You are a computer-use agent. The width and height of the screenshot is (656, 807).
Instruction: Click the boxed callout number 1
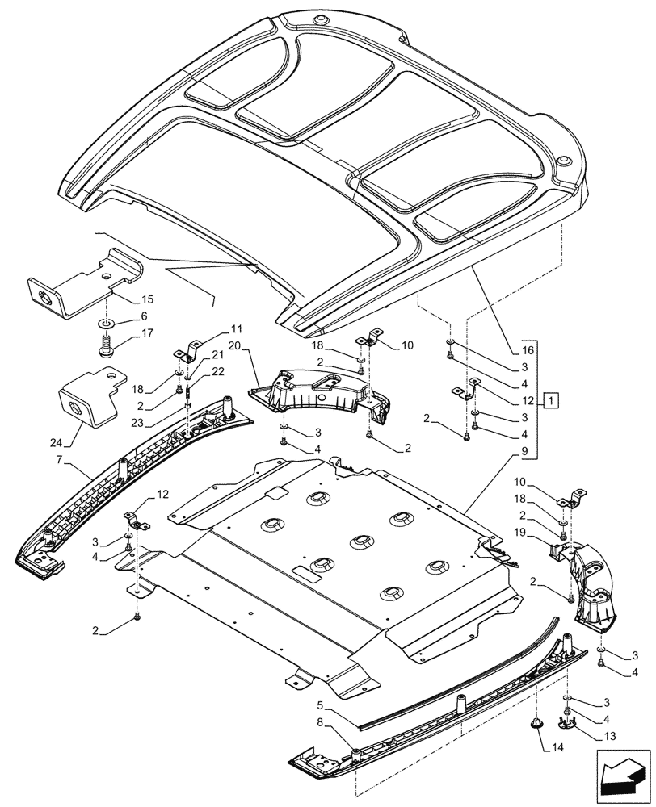tap(550, 399)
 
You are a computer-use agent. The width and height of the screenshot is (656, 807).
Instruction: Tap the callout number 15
tap(146, 299)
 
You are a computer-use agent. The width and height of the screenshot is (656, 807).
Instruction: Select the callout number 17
tap(146, 332)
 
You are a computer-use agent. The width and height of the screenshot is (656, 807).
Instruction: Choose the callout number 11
tap(236, 329)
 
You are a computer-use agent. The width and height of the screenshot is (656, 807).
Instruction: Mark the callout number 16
tap(527, 352)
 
